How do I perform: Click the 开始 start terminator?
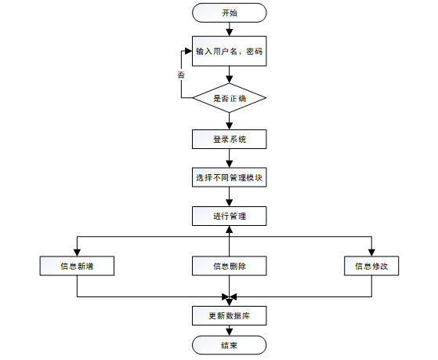229,13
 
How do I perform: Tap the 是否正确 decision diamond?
229,98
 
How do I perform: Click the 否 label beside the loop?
181,75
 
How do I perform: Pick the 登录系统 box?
229,139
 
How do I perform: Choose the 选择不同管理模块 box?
229,177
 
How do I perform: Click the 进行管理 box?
229,216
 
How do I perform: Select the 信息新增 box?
77,266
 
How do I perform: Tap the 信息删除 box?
229,266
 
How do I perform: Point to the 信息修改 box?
371,266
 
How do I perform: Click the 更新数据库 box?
229,315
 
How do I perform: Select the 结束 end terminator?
229,346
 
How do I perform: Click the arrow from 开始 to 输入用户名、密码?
229,29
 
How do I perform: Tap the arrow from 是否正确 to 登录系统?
229,122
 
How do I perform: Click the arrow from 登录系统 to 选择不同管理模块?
229,158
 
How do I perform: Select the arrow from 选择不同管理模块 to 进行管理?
229,197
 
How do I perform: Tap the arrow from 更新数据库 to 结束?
229,330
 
